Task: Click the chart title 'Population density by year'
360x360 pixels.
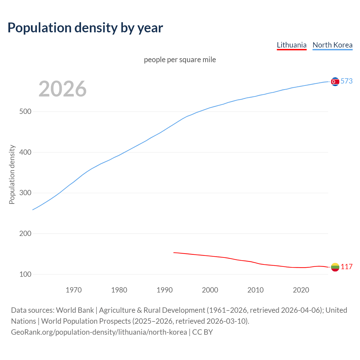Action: [85, 28]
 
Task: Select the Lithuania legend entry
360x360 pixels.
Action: [291, 45]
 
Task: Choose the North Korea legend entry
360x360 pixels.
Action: [332, 45]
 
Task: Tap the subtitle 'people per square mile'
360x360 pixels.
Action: [180, 60]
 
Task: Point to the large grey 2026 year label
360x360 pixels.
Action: [62, 89]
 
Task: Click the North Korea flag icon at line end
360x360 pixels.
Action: [335, 82]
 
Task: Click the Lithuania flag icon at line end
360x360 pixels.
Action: [335, 267]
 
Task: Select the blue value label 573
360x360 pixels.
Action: [346, 81]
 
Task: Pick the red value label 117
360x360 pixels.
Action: [346, 267]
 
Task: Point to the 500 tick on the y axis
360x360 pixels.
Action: [25, 112]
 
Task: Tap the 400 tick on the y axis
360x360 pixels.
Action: [25, 152]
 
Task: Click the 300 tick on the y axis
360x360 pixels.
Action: [25, 193]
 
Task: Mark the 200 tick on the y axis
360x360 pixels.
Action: [25, 234]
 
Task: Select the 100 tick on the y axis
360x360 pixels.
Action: [25, 274]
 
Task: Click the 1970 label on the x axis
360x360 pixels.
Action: [74, 290]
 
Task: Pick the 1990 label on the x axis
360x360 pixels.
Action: [165, 290]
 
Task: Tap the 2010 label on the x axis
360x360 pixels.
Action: [255, 290]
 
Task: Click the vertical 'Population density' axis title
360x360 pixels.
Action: [12, 174]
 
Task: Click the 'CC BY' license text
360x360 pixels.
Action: [202, 332]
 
